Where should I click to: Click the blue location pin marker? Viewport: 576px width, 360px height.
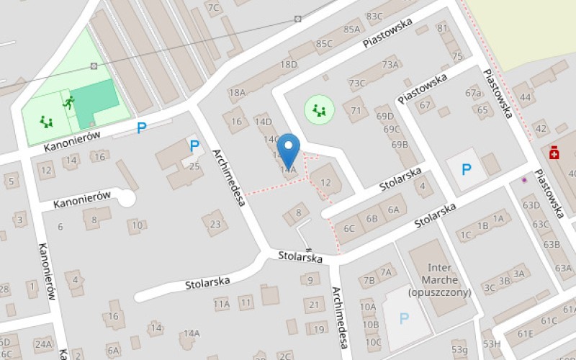point(289,150)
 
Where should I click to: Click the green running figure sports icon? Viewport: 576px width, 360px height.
point(68,102)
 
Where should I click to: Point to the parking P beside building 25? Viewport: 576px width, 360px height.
point(194,146)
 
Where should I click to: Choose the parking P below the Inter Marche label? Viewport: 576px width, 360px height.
point(404,318)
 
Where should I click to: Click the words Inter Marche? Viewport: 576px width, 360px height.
point(439,274)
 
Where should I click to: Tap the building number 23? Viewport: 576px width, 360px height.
point(215,224)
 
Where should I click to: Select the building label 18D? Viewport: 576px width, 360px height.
point(289,64)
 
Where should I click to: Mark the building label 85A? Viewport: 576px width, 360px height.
point(352,30)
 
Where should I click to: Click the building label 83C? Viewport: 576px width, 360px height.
point(374,15)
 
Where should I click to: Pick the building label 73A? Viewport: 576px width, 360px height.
point(390,65)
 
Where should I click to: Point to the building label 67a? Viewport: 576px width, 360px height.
point(472,94)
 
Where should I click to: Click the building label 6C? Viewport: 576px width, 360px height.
point(348,229)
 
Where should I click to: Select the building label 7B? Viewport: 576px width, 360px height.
point(369,280)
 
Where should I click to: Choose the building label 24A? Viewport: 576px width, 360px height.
point(42,344)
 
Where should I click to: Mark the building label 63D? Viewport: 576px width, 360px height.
point(531,205)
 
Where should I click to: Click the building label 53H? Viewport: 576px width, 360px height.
point(491,344)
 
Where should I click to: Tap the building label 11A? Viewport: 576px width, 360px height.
point(221,304)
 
